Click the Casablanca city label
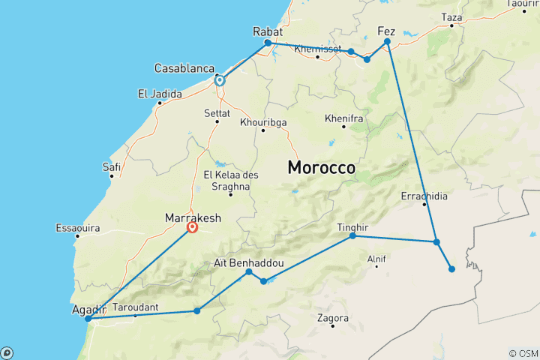[x=185, y=68]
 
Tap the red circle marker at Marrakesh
[x=193, y=227]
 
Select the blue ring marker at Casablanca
[x=219, y=80]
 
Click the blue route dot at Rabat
[x=268, y=43]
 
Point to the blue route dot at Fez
[x=388, y=42]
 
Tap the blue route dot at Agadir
[x=88, y=319]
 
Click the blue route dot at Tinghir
[x=352, y=236]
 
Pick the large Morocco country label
[x=322, y=168]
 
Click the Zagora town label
[x=333, y=318]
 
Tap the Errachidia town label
[x=424, y=196]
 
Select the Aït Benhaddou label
[x=249, y=263]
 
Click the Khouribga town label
[x=263, y=122]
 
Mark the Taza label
[x=451, y=16]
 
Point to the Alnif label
[x=376, y=259]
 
